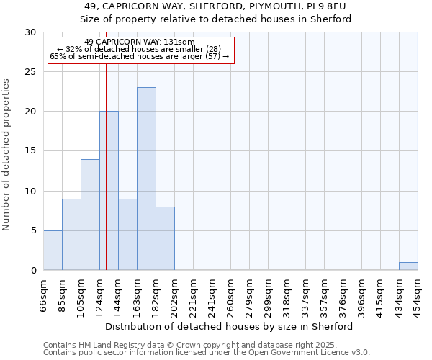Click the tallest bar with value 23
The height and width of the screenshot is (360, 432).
(x=146, y=179)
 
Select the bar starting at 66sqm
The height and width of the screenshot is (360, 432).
(x=53, y=250)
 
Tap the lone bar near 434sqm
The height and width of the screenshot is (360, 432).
(x=408, y=266)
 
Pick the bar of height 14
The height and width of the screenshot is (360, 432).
(x=90, y=215)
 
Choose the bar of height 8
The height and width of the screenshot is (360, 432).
(x=165, y=238)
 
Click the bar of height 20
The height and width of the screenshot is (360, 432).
(x=109, y=191)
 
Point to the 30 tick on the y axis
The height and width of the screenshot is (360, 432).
(x=32, y=32)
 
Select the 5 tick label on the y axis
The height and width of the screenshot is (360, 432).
(x=34, y=230)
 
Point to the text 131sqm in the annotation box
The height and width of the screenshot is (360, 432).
(x=179, y=42)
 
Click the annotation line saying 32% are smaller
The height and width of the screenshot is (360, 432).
(x=139, y=49)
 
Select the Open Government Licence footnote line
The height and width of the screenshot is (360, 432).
(x=207, y=352)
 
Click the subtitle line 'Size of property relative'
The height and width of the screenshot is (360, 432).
(x=215, y=19)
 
